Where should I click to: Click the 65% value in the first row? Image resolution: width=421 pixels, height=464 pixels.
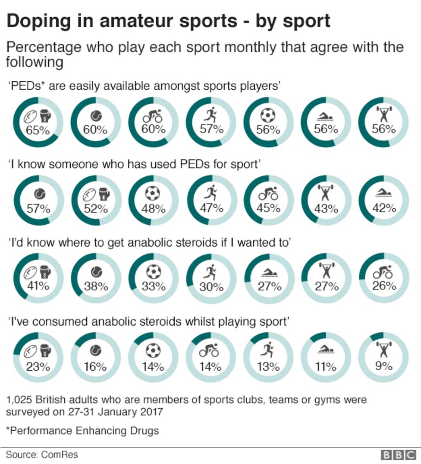pos(38,130)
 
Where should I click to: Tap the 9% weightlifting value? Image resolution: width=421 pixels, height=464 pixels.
pos(383,366)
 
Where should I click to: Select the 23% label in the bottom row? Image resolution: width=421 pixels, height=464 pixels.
pos(38,367)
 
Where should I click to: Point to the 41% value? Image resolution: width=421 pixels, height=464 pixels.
pos(38,286)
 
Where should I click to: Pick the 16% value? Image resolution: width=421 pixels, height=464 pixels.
pos(95,367)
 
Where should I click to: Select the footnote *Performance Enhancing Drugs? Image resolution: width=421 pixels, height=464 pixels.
pos(82,430)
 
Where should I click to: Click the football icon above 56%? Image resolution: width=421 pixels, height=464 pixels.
pos(268,115)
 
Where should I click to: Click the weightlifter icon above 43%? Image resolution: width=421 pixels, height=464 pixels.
pos(326,193)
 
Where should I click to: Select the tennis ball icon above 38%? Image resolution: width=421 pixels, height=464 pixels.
pos(95,271)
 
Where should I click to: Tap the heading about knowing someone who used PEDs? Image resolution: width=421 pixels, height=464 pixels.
pos(134,164)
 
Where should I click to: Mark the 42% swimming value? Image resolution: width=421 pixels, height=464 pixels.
pos(383,208)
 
